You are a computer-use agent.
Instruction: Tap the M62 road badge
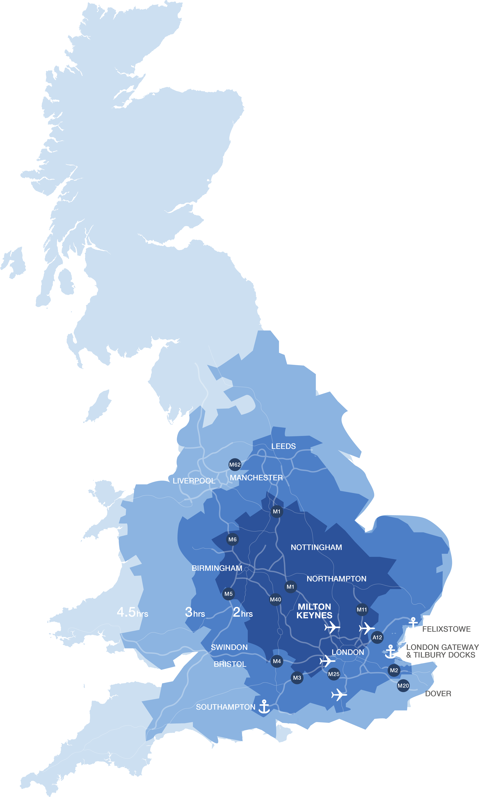235,465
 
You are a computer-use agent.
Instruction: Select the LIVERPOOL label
194,481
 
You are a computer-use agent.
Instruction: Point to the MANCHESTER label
256,478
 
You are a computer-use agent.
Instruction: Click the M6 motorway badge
232,539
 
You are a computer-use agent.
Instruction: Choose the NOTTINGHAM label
316,547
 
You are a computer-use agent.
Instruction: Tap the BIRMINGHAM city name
217,568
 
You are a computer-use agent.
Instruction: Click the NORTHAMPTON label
336,579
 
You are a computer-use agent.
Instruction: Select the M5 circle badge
229,594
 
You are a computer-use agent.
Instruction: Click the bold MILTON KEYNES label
314,611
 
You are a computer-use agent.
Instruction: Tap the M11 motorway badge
362,610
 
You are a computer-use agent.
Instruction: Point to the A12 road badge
377,638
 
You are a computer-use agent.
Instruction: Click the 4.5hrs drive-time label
132,612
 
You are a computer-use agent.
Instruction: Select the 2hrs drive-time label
243,612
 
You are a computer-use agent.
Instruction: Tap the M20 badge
403,686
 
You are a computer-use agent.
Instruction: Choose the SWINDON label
229,647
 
